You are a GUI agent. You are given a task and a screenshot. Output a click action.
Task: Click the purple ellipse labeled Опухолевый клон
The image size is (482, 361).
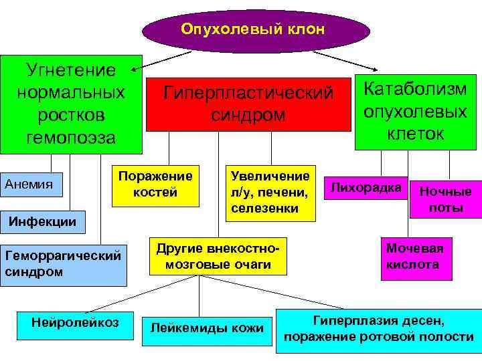click(255, 31)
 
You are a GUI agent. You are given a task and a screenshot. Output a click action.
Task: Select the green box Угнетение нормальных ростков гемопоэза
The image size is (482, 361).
click(71, 104)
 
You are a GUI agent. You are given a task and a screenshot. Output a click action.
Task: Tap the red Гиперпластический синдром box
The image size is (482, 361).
click(248, 104)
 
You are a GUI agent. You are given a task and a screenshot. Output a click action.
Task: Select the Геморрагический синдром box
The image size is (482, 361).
click(63, 263)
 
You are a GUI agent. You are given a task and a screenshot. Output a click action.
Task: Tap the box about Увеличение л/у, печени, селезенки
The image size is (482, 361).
click(270, 193)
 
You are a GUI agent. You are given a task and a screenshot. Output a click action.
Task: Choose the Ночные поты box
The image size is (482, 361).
click(445, 199)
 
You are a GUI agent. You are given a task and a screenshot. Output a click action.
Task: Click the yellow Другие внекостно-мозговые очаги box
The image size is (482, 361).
click(218, 256)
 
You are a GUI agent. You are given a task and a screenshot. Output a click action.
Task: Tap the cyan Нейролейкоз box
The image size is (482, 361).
click(75, 323)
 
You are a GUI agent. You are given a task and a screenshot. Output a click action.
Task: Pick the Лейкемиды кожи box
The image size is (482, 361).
click(207, 328)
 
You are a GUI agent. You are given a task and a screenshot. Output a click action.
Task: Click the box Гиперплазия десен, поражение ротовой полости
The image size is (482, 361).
click(378, 328)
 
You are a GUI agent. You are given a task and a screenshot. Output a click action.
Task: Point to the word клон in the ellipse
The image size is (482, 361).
click(309, 29)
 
